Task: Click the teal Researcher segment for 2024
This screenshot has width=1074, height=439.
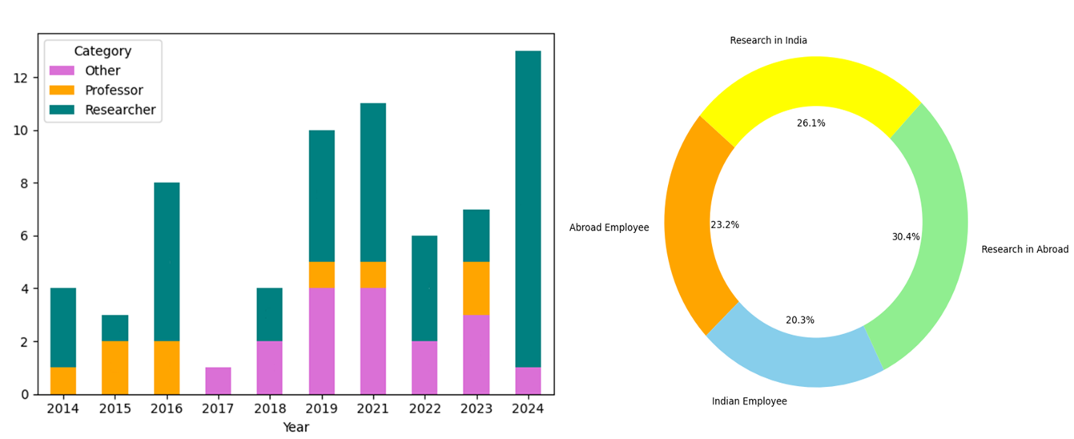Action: [529, 209]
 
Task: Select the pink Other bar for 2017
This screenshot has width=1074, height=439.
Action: [218, 381]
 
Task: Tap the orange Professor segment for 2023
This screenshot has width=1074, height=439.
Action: [476, 288]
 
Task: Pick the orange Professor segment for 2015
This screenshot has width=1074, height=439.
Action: [115, 368]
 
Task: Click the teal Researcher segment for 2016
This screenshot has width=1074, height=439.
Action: [167, 262]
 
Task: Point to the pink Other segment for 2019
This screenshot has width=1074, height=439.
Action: [322, 341]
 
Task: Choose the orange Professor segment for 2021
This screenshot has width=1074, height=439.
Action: [373, 275]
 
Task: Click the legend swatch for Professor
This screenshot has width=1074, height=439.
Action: [62, 91]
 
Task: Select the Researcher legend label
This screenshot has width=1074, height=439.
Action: [120, 110]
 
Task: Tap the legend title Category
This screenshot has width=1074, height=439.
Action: [103, 50]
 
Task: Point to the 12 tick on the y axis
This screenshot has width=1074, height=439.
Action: [21, 78]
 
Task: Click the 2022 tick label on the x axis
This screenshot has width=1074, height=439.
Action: [424, 409]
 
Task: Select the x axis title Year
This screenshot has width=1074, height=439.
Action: [296, 427]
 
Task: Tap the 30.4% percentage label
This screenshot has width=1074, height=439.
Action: [906, 236]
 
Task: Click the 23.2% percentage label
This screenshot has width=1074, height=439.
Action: [725, 224]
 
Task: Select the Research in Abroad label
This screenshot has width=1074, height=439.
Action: [1024, 249]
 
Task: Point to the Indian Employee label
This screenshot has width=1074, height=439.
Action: [749, 401]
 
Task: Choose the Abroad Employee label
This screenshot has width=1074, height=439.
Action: [609, 228]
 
